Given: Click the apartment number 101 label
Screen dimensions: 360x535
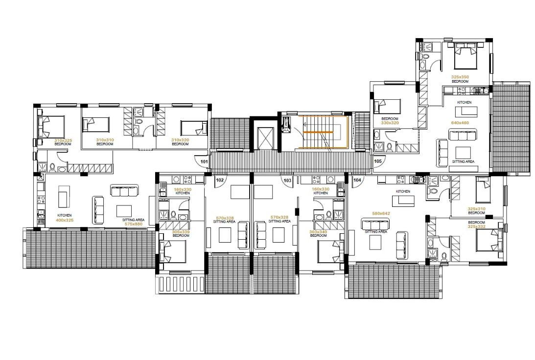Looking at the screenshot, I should coord(204,161).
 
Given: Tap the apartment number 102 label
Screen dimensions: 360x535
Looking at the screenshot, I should coord(220,180).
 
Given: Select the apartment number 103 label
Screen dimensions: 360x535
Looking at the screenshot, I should coord(287,180).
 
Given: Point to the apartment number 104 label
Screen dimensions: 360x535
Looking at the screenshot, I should coord(357,180).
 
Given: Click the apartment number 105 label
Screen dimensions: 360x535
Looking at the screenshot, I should coord(377,161).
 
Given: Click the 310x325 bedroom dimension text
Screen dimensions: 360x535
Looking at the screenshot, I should coord(63,140).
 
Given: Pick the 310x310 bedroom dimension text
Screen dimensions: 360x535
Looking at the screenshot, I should coord(105,140).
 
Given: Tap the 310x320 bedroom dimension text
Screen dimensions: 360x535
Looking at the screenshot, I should coord(180,140).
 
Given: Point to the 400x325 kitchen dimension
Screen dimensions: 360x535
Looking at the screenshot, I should coord(65,220).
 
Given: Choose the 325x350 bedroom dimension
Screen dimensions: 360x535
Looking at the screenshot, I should coord(460,77).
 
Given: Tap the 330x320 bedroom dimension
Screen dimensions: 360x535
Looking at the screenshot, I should coord(390,123).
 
